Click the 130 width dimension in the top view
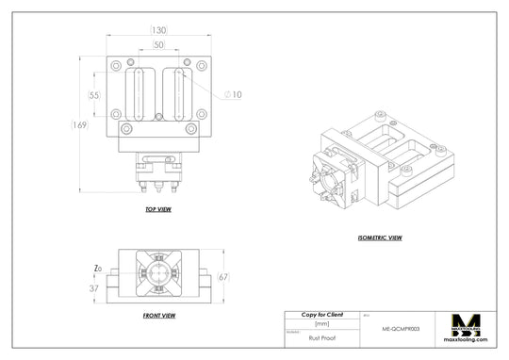pos(158,30)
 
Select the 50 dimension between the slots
pos(158,45)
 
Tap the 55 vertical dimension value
pos(94,95)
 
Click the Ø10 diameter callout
pos(233,94)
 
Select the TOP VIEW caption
pos(157,208)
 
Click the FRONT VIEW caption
pos(157,315)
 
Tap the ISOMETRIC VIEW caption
pos(380,237)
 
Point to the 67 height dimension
pos(223,277)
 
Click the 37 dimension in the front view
pos(95,288)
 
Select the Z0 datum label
pos(98,268)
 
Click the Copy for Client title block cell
pos(321,314)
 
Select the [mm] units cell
pos(321,323)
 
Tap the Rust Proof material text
pos(321,335)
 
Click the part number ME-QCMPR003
pos(400,331)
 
